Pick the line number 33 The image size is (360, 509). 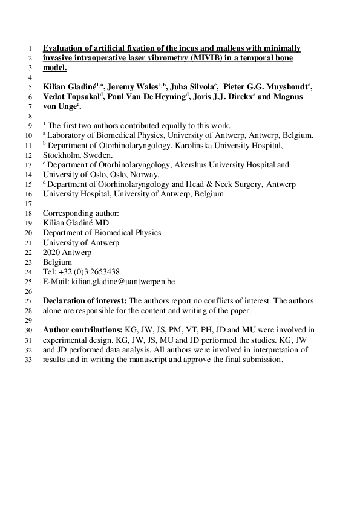pyautogui.click(x=27, y=360)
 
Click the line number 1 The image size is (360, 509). pyautogui.click(x=29, y=48)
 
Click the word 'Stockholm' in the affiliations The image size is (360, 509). pyautogui.click(x=61, y=155)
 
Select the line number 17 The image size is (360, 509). pyautogui.click(x=27, y=204)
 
